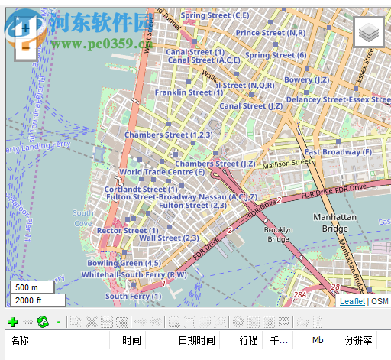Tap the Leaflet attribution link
352,302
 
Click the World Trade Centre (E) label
162,172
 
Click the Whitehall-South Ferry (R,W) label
134,274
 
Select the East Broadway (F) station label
338,152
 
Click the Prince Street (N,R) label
270,33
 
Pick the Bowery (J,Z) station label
308,79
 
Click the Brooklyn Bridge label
277,234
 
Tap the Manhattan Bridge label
334,222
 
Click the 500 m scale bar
31,287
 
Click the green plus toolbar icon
11,322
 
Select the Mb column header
318,340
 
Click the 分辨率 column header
358,340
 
